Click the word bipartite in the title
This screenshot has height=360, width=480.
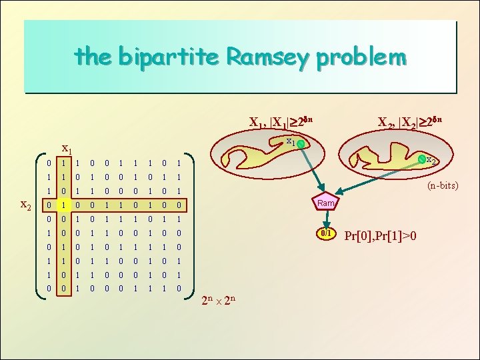(170, 57)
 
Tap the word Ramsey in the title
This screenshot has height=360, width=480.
(268, 57)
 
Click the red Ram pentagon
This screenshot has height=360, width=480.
(326, 203)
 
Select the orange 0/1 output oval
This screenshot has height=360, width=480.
(326, 234)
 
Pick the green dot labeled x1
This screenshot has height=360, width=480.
(301, 144)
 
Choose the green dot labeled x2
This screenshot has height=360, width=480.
(421, 159)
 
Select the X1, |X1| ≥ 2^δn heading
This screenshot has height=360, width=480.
(280, 122)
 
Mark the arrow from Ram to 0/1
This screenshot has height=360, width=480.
(326, 220)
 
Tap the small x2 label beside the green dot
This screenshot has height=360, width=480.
(431, 161)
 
